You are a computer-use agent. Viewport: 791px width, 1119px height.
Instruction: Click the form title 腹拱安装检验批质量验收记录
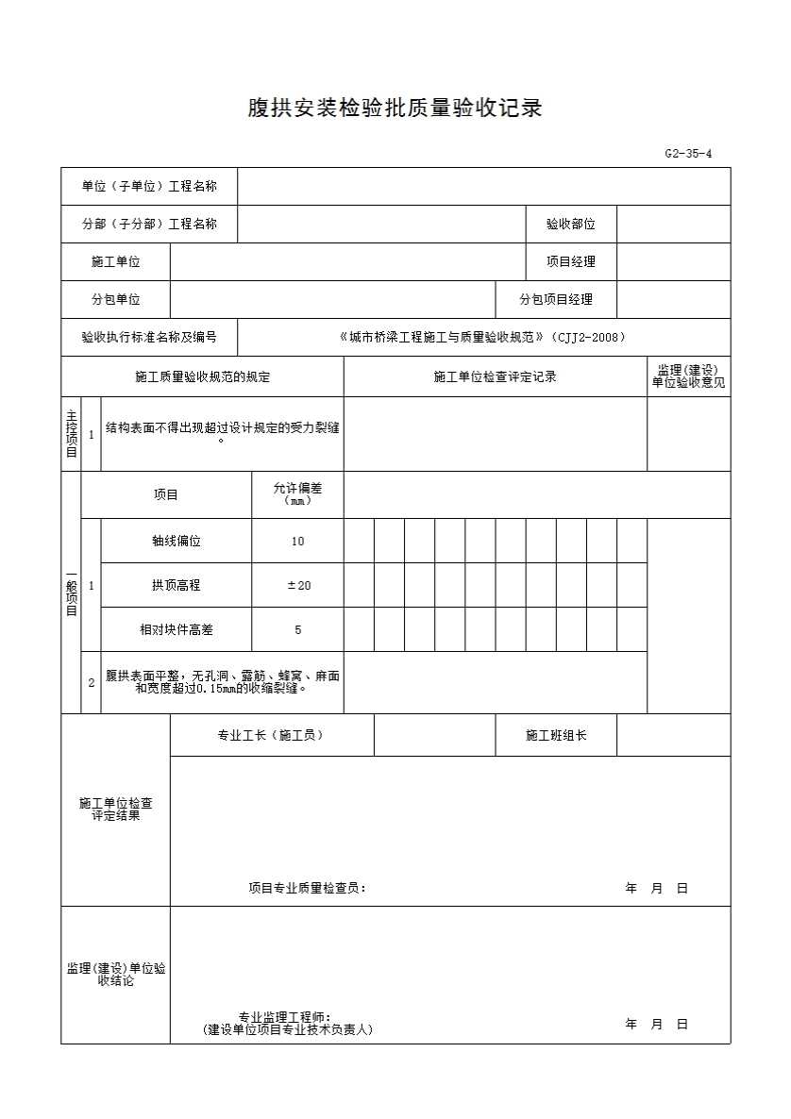pos(395,109)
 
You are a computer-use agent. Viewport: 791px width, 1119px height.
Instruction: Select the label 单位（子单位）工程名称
pos(149,187)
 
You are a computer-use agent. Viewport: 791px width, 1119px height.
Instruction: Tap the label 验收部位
pos(570,225)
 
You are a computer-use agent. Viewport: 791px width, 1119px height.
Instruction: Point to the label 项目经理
pos(570,262)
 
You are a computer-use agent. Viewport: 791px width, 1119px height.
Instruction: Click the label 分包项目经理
pos(556,300)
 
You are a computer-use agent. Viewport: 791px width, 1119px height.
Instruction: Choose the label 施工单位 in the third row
pos(115,262)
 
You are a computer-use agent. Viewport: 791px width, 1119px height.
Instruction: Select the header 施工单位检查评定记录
pos(495,377)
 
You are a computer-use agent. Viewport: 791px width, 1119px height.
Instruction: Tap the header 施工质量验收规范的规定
pos(202,377)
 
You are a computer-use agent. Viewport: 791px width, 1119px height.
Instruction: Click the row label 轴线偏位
pos(176,542)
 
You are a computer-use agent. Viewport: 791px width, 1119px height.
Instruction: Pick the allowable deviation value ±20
pos(298,586)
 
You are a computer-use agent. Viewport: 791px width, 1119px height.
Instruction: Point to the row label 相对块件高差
pos(176,630)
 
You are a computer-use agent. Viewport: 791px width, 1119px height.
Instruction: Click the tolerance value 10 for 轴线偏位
pos(298,542)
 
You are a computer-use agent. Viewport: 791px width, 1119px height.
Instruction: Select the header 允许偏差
pos(298,489)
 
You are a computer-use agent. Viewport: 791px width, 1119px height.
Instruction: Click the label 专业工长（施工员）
pos(271,735)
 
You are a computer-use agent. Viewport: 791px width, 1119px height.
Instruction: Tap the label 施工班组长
pos(556,735)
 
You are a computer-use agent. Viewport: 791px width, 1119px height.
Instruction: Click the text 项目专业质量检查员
pos(306,888)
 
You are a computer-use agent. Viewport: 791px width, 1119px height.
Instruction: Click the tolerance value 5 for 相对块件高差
pos(298,630)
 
